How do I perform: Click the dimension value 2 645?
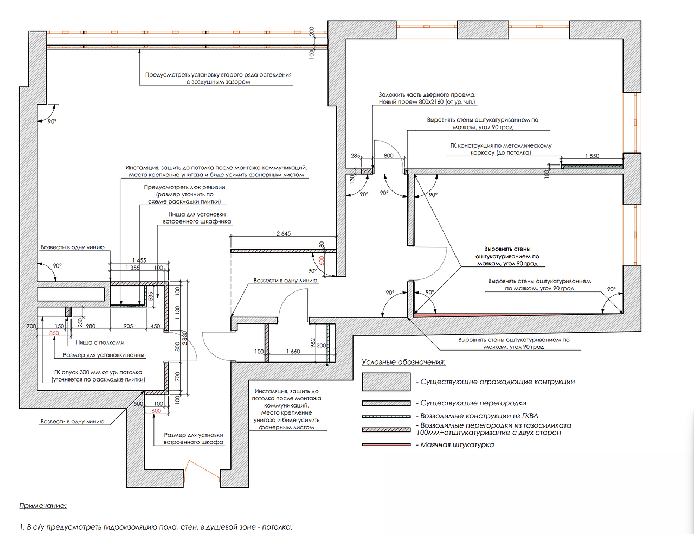[x=284, y=234]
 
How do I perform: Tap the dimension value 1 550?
[x=592, y=156]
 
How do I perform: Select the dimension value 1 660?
[x=293, y=352]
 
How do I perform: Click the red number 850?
[x=54, y=333]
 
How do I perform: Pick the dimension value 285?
[x=355, y=156]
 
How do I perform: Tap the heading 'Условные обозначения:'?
[x=403, y=362]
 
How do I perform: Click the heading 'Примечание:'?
[x=43, y=506]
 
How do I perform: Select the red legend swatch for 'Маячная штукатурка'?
[x=386, y=445]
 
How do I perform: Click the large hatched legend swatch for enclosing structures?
[x=386, y=382]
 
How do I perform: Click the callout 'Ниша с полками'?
[x=100, y=342]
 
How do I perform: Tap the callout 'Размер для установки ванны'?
[x=104, y=355]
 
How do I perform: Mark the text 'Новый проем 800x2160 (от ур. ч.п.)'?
[x=428, y=102]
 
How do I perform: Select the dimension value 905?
[x=128, y=326]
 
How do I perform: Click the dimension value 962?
[x=313, y=343]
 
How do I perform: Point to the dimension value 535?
[x=151, y=295]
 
